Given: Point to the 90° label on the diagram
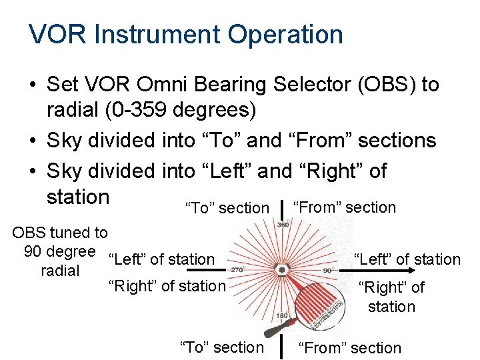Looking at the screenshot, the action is [327, 271].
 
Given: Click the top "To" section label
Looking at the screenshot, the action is [227, 208].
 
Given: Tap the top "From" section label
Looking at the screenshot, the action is [345, 207].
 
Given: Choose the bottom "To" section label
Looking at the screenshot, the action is [222, 347].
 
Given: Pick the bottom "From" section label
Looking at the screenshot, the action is [349, 348].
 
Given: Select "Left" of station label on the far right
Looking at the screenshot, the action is [407, 259].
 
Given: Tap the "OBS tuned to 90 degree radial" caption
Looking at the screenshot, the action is [60, 251].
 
